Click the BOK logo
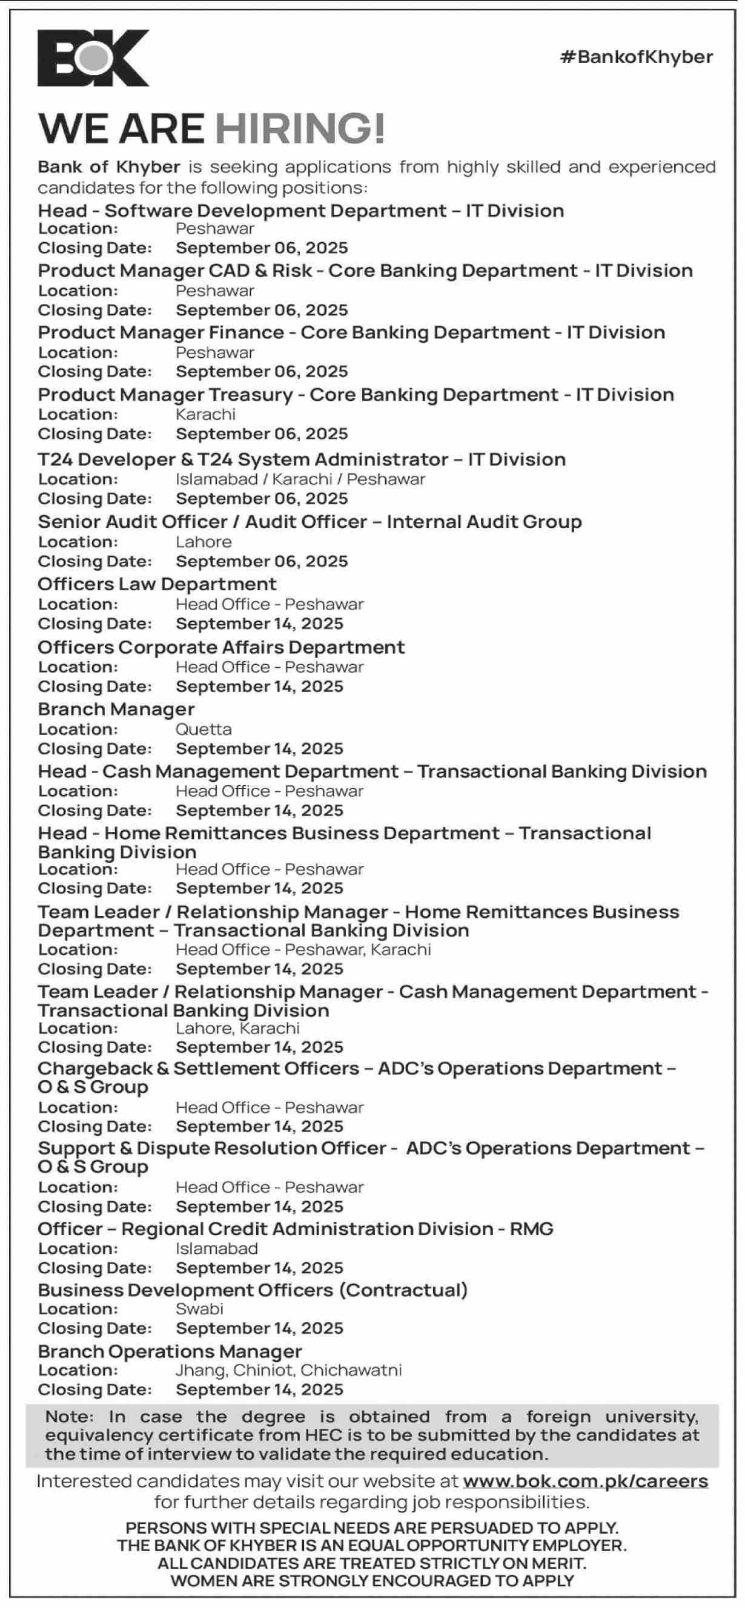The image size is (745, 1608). pyautogui.click(x=94, y=58)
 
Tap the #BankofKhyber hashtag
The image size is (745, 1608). pyautogui.click(x=637, y=58)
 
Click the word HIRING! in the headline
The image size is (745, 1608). pyautogui.click(x=300, y=128)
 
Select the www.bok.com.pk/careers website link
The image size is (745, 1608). pyautogui.click(x=585, y=1481)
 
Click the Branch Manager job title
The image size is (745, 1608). pyautogui.click(x=116, y=709)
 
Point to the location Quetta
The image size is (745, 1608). pyautogui.click(x=204, y=729)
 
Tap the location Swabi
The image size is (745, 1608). pyautogui.click(x=199, y=1308)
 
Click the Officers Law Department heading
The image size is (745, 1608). pyautogui.click(x=157, y=584)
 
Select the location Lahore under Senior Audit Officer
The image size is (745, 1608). pyautogui.click(x=204, y=542)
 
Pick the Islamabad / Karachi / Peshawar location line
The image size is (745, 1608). pyautogui.click(x=300, y=479)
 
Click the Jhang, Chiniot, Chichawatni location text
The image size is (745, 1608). pyautogui.click(x=288, y=1369)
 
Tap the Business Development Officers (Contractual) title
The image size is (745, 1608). pyautogui.click(x=253, y=1290)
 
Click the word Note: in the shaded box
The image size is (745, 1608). pyautogui.click(x=69, y=1416)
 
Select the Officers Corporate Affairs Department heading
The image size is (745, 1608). pyautogui.click(x=221, y=647)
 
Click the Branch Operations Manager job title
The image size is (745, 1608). pyautogui.click(x=170, y=1351)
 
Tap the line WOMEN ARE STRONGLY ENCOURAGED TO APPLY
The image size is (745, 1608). pyautogui.click(x=372, y=1581)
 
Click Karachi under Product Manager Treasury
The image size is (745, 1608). pyautogui.click(x=205, y=415)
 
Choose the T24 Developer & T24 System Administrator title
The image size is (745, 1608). pyautogui.click(x=302, y=460)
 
